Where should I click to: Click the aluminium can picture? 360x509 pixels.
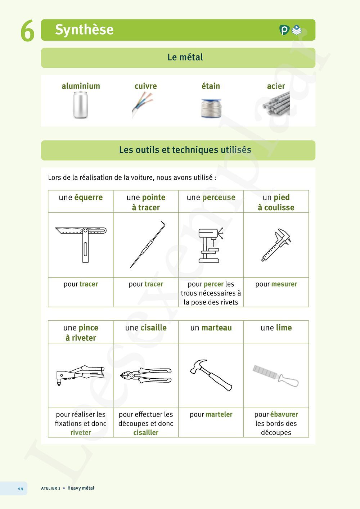click(x=80, y=105)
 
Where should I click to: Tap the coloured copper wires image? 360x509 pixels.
click(x=142, y=105)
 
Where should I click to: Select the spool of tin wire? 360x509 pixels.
click(x=211, y=108)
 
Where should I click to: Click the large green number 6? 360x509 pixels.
click(x=27, y=31)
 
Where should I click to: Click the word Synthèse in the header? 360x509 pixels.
click(x=84, y=30)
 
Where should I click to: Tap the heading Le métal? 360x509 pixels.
click(x=185, y=57)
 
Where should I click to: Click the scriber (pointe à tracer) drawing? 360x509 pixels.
click(x=147, y=245)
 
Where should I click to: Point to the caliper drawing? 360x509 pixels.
click(x=276, y=245)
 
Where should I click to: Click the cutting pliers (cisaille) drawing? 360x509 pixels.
click(x=146, y=375)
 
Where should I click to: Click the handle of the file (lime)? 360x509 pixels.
click(x=288, y=380)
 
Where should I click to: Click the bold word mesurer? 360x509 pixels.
click(x=284, y=284)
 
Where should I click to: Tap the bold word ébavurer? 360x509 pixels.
click(x=284, y=414)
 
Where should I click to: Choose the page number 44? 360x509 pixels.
click(x=21, y=488)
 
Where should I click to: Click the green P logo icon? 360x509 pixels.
click(x=284, y=30)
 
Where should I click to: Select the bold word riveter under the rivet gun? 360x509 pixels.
click(x=81, y=433)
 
